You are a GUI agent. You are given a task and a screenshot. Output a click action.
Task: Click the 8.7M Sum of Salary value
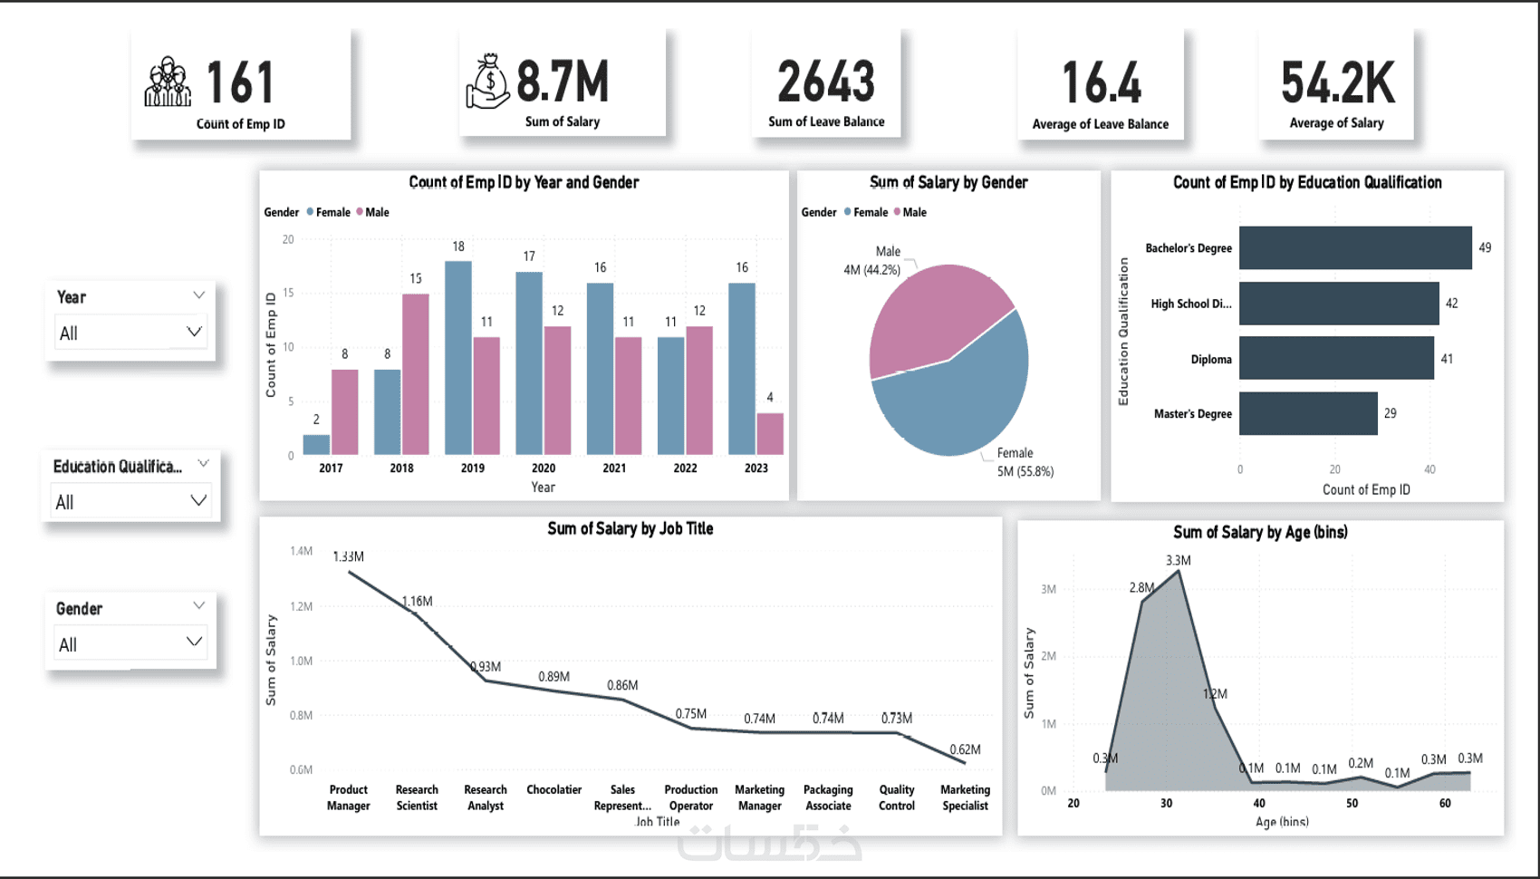(x=563, y=82)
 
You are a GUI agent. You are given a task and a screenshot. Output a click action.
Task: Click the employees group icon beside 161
(x=168, y=82)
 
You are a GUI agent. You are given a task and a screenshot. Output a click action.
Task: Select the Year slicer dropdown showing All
(x=130, y=333)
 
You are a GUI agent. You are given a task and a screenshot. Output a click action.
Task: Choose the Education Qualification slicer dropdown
(x=131, y=502)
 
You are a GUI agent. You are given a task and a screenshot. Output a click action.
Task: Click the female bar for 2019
(x=458, y=358)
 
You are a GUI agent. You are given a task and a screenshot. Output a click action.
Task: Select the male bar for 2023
(x=770, y=433)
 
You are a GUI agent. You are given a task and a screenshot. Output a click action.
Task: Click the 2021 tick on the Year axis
(x=614, y=468)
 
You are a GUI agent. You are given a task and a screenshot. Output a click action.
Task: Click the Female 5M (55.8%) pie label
(x=1025, y=462)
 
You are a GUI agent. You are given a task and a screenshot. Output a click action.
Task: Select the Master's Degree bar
(x=1308, y=413)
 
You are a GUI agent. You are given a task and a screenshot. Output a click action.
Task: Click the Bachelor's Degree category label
(x=1189, y=248)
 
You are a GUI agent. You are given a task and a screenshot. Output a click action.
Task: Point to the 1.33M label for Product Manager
(x=348, y=556)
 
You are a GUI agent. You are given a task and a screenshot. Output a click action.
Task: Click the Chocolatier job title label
(x=553, y=790)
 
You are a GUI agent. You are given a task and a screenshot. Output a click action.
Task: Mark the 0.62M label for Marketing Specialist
(x=965, y=749)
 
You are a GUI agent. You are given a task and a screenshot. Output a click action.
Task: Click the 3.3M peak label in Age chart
(x=1179, y=560)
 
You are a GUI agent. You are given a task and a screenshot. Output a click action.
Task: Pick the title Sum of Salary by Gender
(x=948, y=182)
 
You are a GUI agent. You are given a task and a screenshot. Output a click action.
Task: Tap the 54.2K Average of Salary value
(x=1337, y=83)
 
